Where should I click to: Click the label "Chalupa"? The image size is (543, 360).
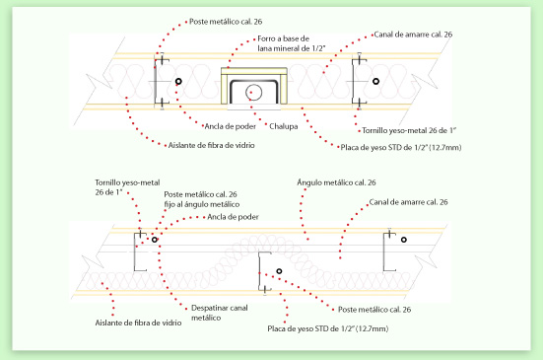click(x=283, y=126)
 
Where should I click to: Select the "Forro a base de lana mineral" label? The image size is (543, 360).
click(x=292, y=43)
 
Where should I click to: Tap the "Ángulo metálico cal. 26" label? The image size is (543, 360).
click(x=336, y=182)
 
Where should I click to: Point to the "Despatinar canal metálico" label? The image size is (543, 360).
click(x=219, y=313)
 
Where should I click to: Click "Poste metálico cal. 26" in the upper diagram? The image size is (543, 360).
click(x=226, y=22)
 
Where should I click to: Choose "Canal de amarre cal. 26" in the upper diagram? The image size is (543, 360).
click(x=413, y=35)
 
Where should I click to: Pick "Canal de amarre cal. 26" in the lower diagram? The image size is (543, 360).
click(x=408, y=202)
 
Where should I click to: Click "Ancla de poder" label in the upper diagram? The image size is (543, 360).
click(x=231, y=126)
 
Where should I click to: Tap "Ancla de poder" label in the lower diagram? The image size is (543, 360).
click(x=233, y=217)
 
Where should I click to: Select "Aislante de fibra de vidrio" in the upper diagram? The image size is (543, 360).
click(x=211, y=145)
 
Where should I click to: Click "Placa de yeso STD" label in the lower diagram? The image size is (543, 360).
click(x=327, y=328)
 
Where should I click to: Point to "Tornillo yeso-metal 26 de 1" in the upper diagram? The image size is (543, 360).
click(x=409, y=130)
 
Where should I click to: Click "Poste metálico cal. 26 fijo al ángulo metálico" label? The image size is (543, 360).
click(x=202, y=199)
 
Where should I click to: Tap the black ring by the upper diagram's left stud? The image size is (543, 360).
click(x=178, y=82)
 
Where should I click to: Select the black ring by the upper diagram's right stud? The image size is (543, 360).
click(x=375, y=82)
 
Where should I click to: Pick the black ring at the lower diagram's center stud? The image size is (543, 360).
click(x=279, y=271)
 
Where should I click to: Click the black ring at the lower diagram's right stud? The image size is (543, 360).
click(x=404, y=240)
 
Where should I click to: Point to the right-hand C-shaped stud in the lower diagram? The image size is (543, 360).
click(x=383, y=252)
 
